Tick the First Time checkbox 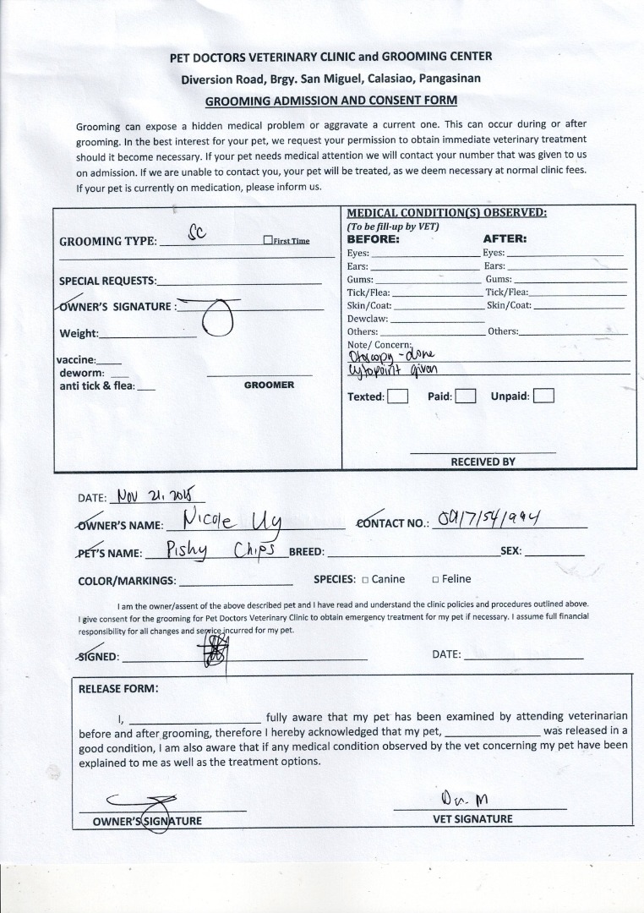point(267,240)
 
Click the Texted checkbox point(399,396)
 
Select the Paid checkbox point(465,396)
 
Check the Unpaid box point(543,396)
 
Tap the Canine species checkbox point(365,580)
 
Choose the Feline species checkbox point(435,580)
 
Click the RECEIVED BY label point(483,462)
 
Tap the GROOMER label point(269,385)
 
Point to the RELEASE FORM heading point(118,688)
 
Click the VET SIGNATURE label point(472,818)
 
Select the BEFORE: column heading point(374,238)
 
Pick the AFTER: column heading point(505,238)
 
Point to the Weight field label point(79,334)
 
